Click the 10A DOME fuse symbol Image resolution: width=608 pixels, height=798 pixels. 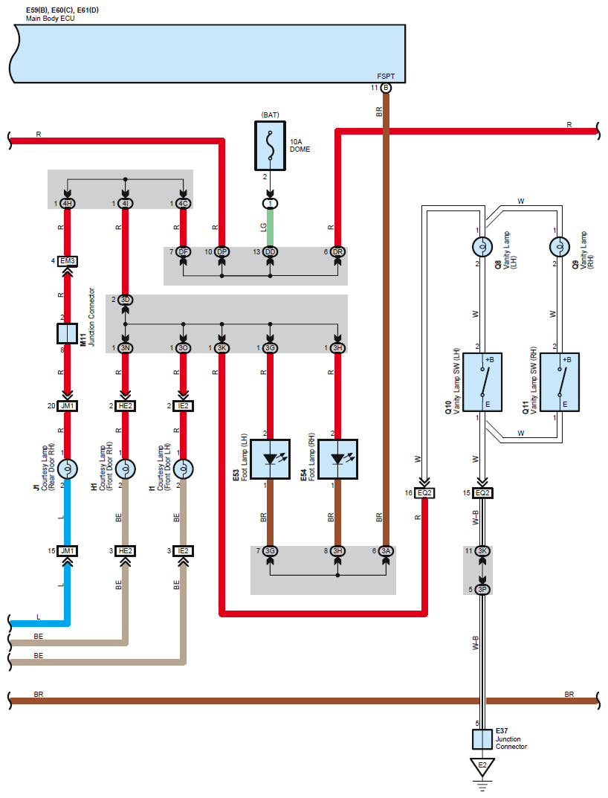pos(270,146)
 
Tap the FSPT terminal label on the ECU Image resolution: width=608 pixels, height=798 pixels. pos(386,77)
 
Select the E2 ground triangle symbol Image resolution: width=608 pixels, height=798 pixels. pos(482,767)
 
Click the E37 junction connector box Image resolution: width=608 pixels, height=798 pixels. pos(482,739)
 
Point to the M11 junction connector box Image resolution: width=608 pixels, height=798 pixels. pos(67,333)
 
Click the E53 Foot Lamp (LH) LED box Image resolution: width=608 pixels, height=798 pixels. pos(270,459)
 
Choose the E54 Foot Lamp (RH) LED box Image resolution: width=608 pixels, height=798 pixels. pos(338,459)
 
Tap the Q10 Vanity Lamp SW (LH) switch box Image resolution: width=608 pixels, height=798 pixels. pos(482,382)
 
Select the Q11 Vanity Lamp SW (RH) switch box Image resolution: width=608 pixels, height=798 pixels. pos(560,382)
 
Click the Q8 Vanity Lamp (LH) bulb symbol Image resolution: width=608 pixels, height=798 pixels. pos(482,247)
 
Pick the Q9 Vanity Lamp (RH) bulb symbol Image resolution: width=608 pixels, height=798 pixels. pos(560,247)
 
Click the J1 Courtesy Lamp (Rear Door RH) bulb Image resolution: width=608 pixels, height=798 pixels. pos(67,469)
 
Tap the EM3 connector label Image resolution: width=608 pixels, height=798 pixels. pos(67,261)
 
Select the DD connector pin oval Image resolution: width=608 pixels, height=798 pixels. pos(270,252)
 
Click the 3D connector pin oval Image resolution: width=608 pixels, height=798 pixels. pos(125,300)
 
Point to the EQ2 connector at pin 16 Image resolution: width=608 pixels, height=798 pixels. pos(424,493)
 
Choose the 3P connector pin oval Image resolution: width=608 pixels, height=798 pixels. pos(482,589)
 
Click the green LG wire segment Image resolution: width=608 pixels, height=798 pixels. pos(270,228)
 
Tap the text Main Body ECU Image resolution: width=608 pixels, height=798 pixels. pos(51,19)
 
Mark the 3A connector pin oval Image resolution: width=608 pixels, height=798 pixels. pos(386,550)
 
